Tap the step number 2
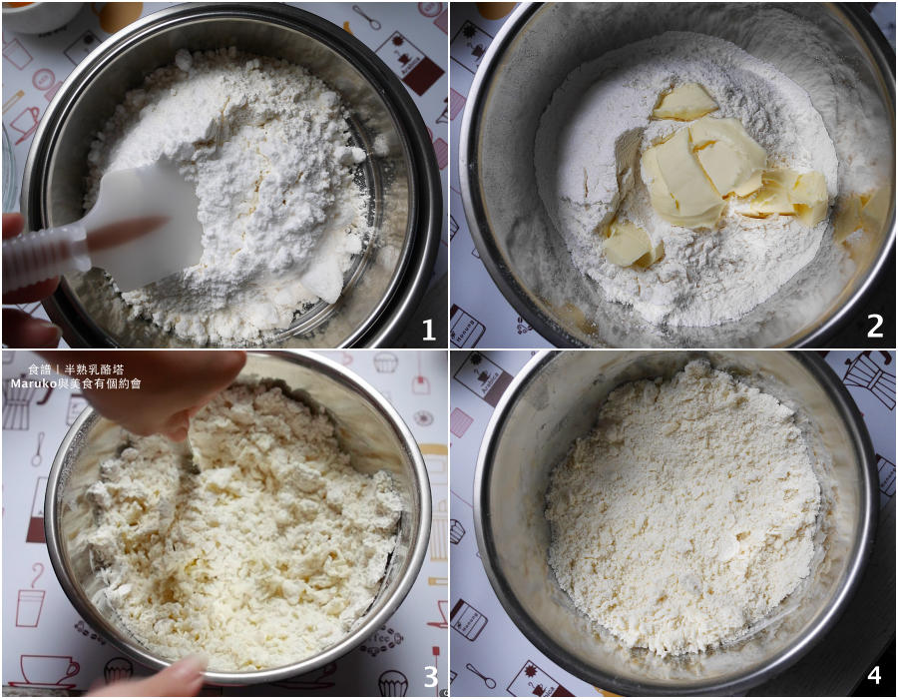pyautogui.click(x=874, y=327)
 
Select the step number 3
pyautogui.click(x=431, y=677)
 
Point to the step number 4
pyautogui.click(x=874, y=676)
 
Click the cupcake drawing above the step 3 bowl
pyautogui.click(x=385, y=362)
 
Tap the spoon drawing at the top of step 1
pyautogui.click(x=366, y=17)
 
